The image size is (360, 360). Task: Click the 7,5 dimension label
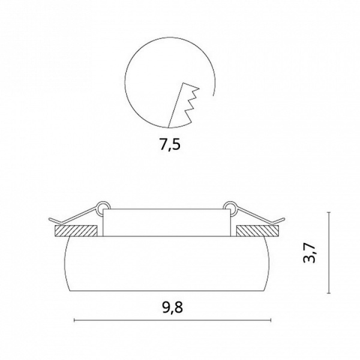(x=170, y=145)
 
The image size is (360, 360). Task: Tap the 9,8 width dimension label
(x=173, y=307)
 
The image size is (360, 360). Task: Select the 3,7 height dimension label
(x=310, y=253)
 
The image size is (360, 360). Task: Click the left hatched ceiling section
(x=76, y=231)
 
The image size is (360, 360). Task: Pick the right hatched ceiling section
(x=257, y=231)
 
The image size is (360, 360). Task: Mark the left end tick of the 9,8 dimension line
(x=74, y=320)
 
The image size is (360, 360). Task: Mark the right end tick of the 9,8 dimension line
(x=271, y=320)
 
